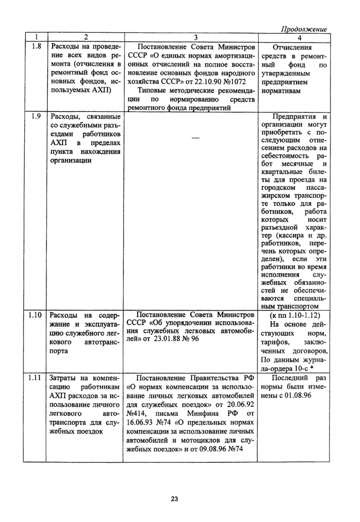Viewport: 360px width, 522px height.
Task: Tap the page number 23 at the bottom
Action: coord(174,499)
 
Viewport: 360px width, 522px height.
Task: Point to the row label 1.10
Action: coord(35,315)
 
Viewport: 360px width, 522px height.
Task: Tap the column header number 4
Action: coord(299,38)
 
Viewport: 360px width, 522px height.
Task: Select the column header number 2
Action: coord(85,38)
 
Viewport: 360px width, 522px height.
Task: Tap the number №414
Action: coord(137,413)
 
